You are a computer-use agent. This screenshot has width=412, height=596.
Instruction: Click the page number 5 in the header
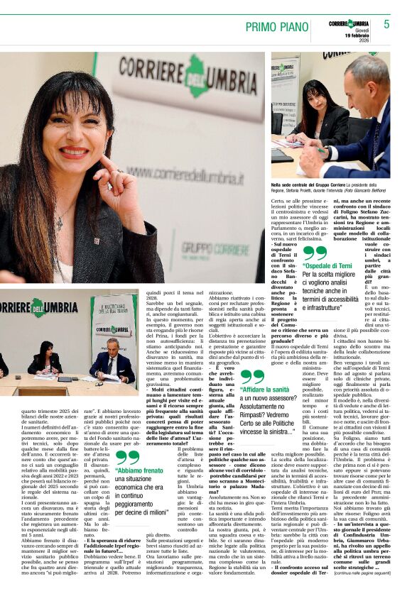pos(386,24)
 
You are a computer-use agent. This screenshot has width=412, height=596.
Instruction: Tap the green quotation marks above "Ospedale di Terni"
pos(315,253)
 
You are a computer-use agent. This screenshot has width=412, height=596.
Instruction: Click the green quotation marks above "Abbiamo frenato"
pos(129,456)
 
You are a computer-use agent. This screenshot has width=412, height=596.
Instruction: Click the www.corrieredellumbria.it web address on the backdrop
pos(184,172)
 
